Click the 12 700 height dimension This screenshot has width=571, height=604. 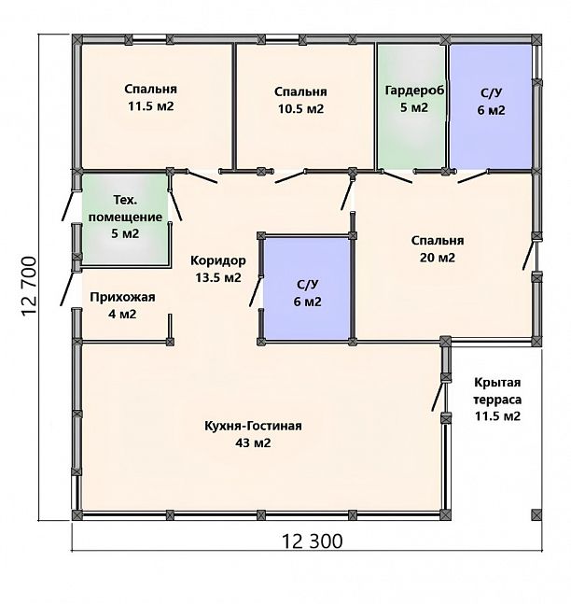click(x=29, y=287)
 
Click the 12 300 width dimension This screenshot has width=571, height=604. click(x=313, y=541)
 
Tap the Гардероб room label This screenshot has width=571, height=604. click(x=414, y=91)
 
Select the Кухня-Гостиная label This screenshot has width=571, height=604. click(x=253, y=426)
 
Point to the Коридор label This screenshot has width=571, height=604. click(x=218, y=260)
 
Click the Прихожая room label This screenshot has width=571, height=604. click(x=122, y=298)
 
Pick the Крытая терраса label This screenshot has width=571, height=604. click(x=497, y=391)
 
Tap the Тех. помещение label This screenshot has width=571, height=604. click(x=126, y=208)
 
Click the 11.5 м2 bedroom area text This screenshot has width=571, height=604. click(x=151, y=105)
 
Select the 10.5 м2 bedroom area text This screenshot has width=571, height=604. click(x=300, y=108)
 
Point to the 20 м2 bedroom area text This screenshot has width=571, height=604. click(x=438, y=258)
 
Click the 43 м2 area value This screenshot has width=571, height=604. click(x=253, y=443)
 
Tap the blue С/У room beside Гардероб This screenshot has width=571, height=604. click(x=491, y=106)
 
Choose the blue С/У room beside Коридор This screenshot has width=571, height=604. click(x=307, y=288)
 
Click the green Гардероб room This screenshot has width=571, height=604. click(x=411, y=106)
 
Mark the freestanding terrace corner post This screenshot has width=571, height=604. click(x=536, y=514)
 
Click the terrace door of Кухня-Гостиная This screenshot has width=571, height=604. click(x=439, y=395)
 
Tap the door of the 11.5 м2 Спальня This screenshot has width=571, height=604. click(x=202, y=176)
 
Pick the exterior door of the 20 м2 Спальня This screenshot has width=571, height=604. click(x=529, y=254)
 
